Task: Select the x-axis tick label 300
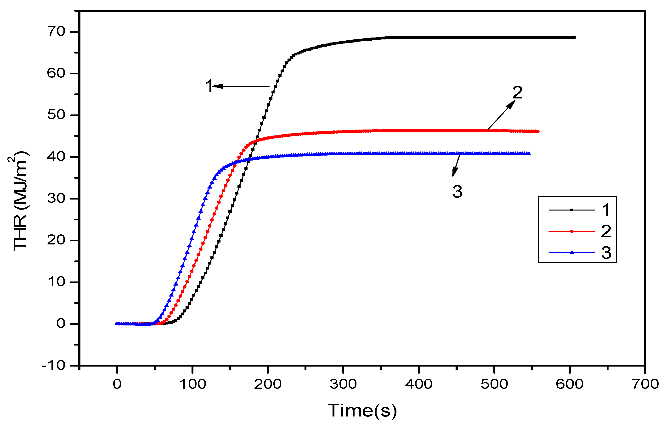tap(343, 384)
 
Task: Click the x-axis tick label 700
tap(645, 384)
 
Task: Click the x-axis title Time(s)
tap(362, 411)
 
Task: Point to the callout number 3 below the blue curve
tap(457, 191)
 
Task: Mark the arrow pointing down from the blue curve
tap(456, 165)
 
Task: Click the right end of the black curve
tap(574, 37)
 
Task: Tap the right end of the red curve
tap(538, 131)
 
